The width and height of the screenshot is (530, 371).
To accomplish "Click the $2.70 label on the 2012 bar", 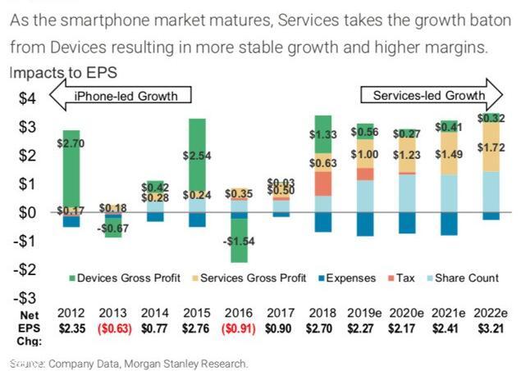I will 71,142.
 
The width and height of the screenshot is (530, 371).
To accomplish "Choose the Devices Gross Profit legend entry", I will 122,278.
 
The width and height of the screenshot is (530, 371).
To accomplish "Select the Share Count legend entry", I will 464,278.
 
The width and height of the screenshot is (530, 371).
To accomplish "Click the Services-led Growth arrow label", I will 428,96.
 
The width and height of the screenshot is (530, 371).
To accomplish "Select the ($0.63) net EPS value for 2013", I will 114,328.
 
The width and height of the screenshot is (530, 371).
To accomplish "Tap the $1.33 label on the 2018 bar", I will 323,134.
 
